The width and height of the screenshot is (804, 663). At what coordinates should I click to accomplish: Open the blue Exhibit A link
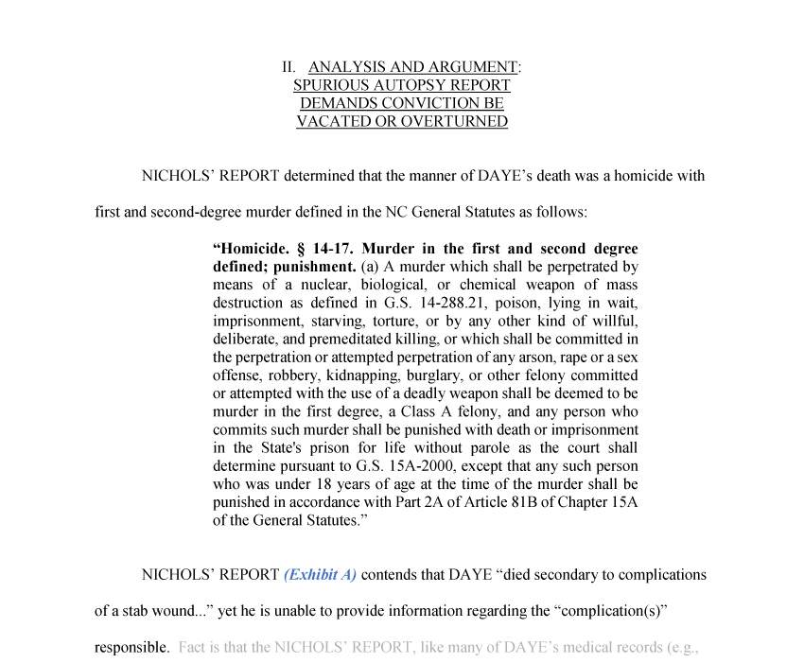tap(320, 574)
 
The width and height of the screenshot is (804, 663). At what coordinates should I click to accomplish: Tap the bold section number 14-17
tap(326, 249)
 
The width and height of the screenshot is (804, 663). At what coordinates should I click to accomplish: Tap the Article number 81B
tap(504, 501)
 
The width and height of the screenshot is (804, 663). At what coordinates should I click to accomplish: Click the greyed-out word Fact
tap(191, 648)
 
